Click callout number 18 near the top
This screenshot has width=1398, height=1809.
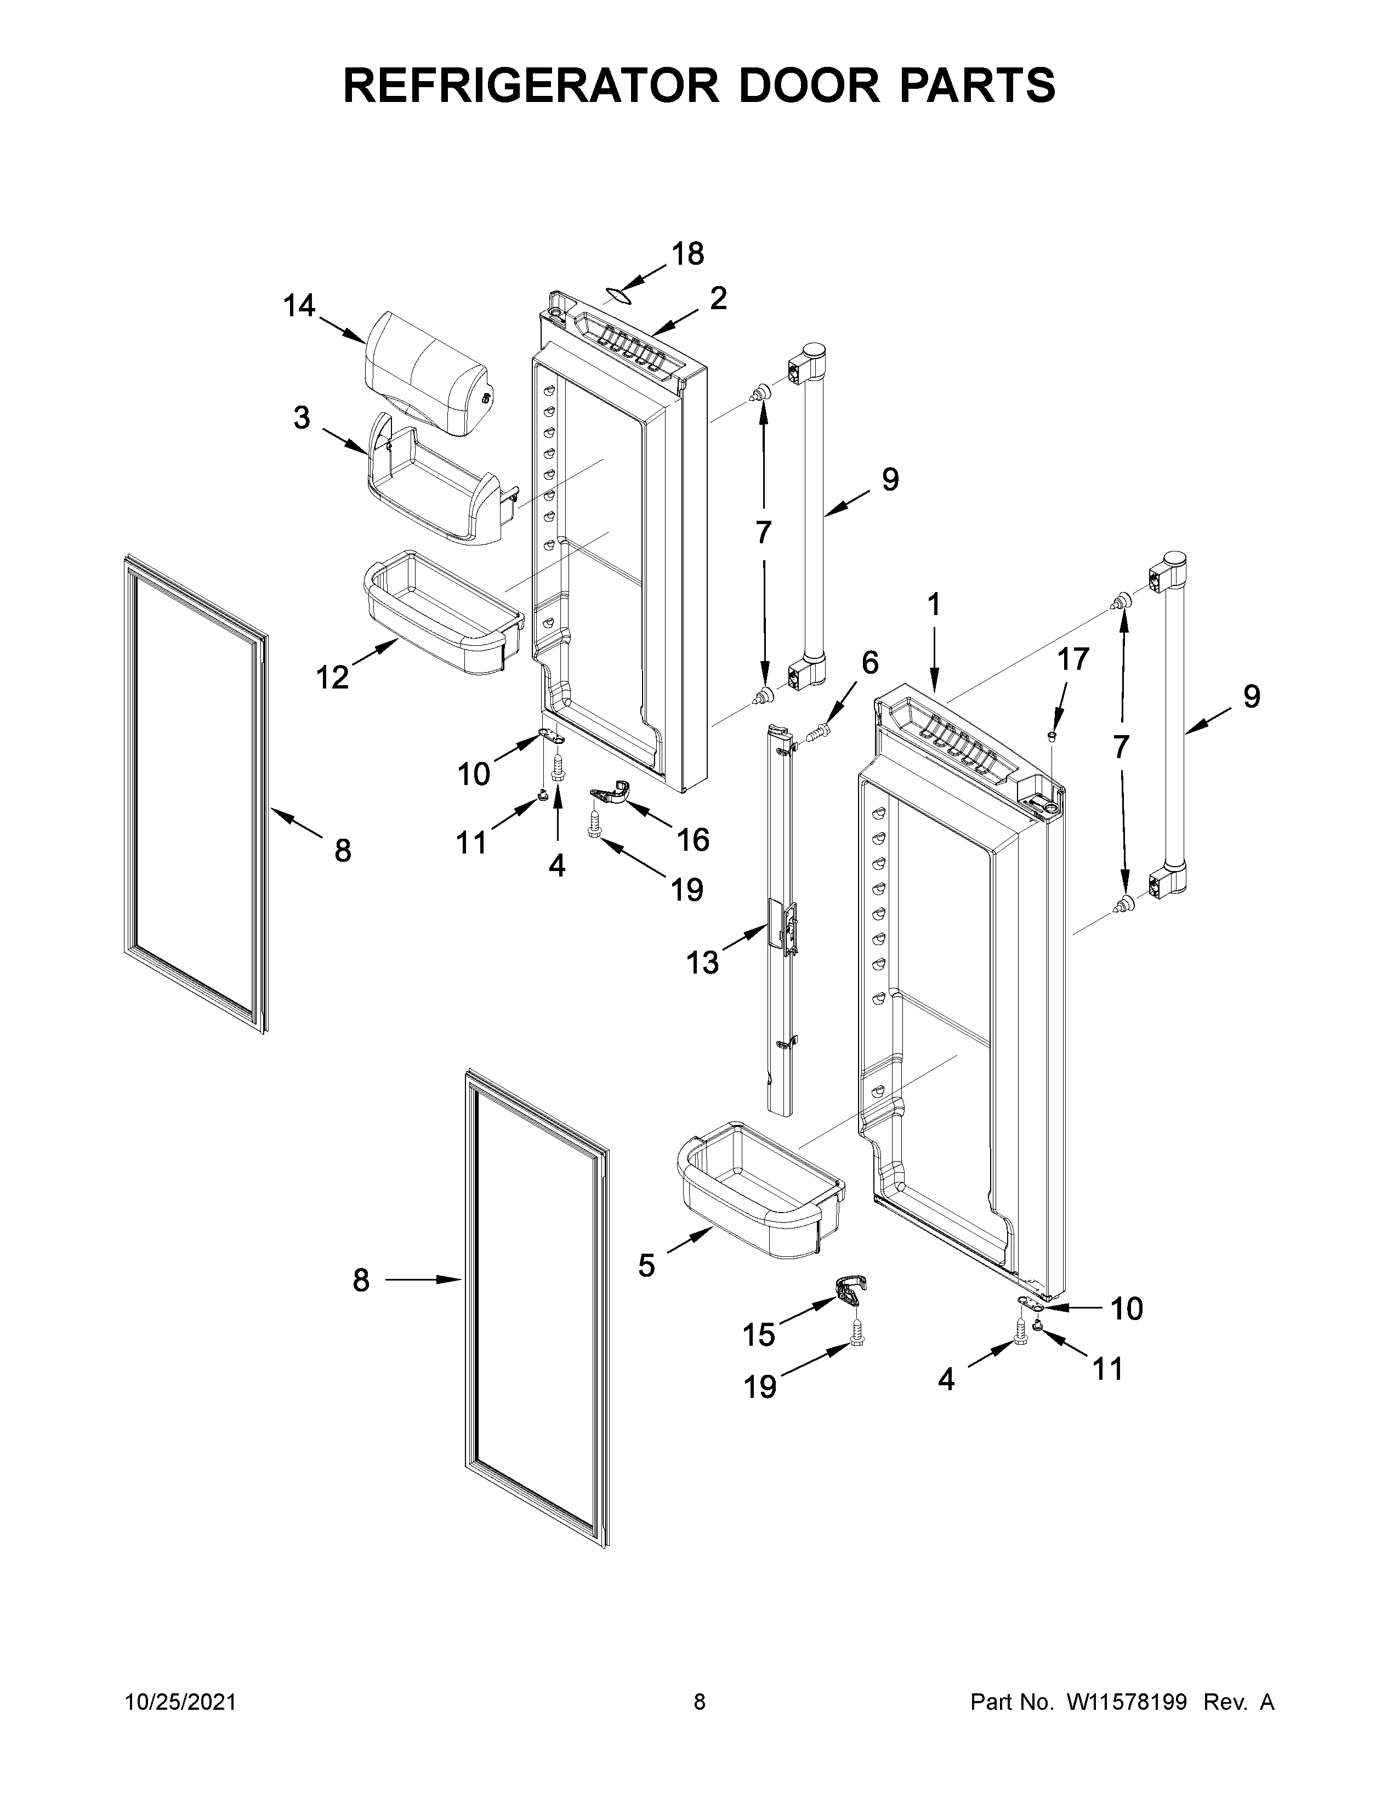click(x=688, y=254)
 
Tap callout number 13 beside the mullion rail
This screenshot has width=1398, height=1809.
click(x=702, y=963)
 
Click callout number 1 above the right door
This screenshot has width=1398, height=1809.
click(x=934, y=606)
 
